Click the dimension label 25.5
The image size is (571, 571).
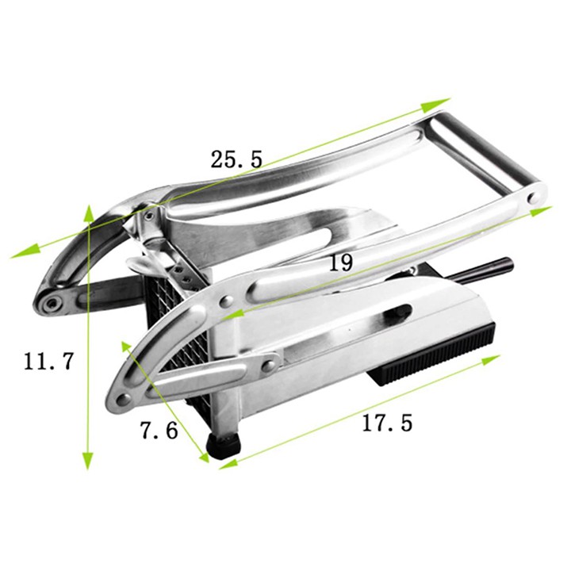236,159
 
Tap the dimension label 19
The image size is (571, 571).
341,263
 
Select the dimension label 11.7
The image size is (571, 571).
49,362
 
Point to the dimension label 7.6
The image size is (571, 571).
159,430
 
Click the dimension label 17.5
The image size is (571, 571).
387,423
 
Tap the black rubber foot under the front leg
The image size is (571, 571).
223,446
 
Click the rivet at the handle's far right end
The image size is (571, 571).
535,198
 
